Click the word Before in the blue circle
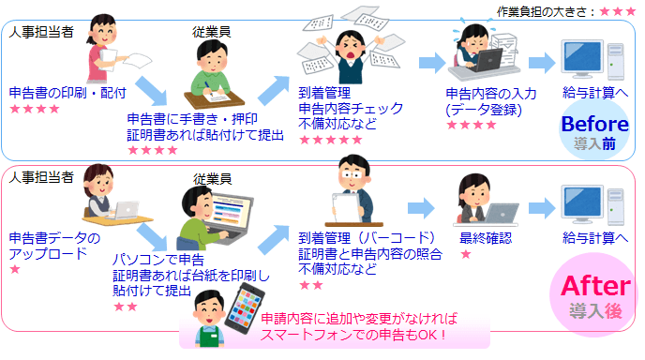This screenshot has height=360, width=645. pyautogui.click(x=593, y=124)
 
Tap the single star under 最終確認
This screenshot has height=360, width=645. pyautogui.click(x=465, y=254)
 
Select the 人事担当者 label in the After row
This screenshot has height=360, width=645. pyautogui.click(x=40, y=177)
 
